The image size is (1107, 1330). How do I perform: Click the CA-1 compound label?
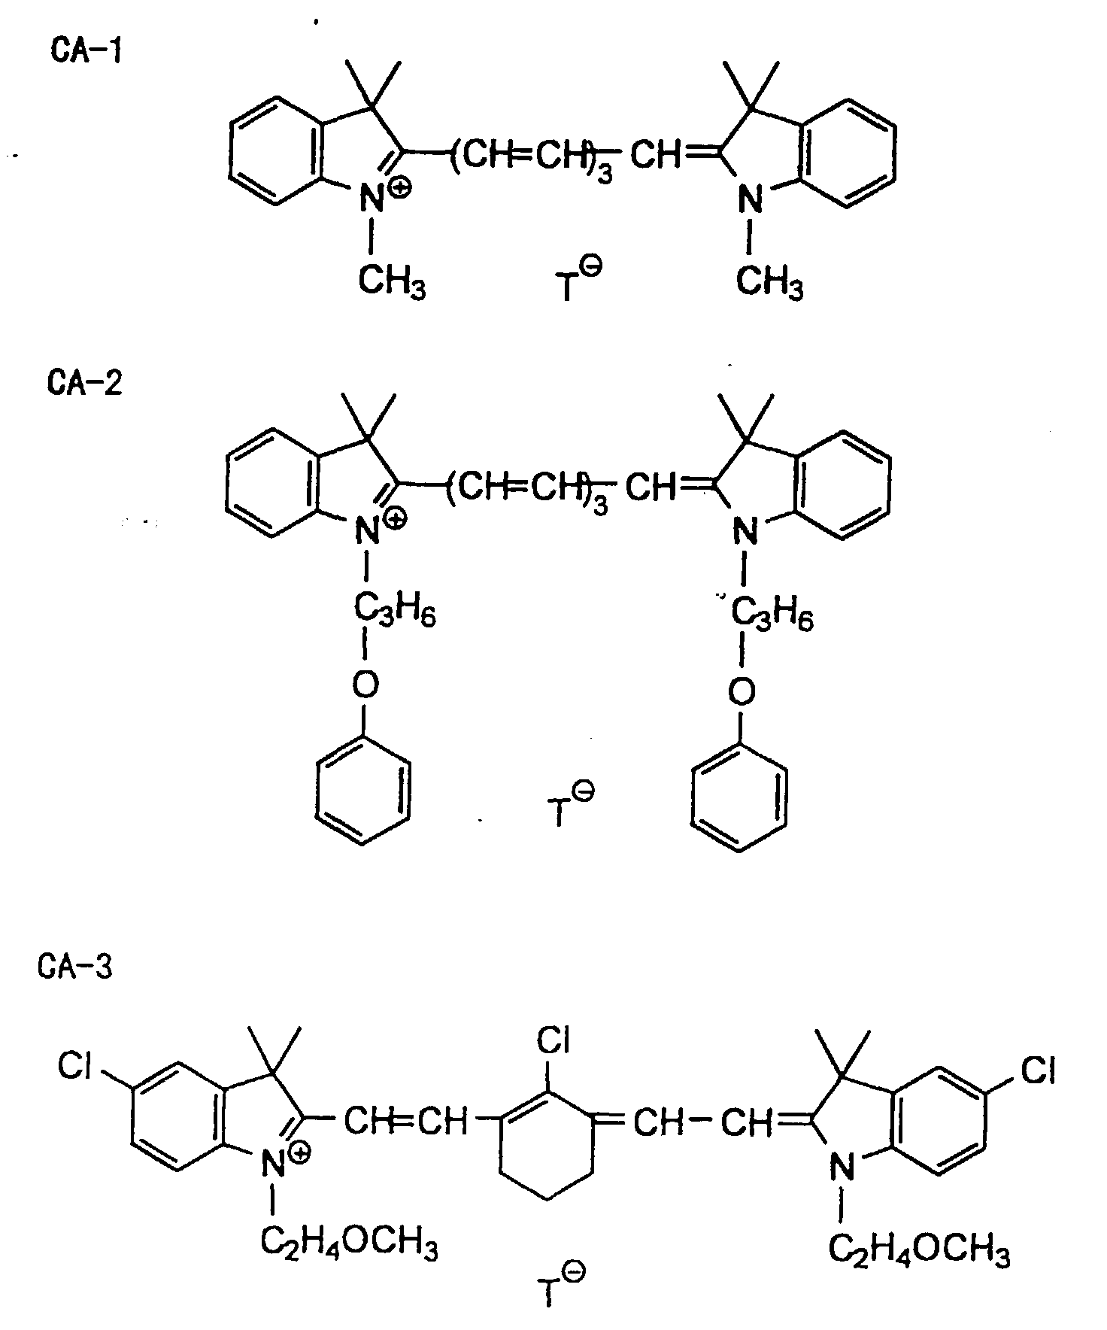click(85, 52)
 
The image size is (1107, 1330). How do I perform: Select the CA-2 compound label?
click(84, 382)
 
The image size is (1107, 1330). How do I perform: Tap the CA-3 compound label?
click(75, 965)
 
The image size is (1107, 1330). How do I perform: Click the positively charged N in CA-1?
click(370, 199)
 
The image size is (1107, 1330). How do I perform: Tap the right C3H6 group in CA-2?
click(771, 617)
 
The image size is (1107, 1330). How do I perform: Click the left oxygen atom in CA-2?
click(365, 685)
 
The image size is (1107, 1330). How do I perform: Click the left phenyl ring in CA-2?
click(364, 796)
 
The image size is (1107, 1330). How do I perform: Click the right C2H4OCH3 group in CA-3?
click(919, 1248)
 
